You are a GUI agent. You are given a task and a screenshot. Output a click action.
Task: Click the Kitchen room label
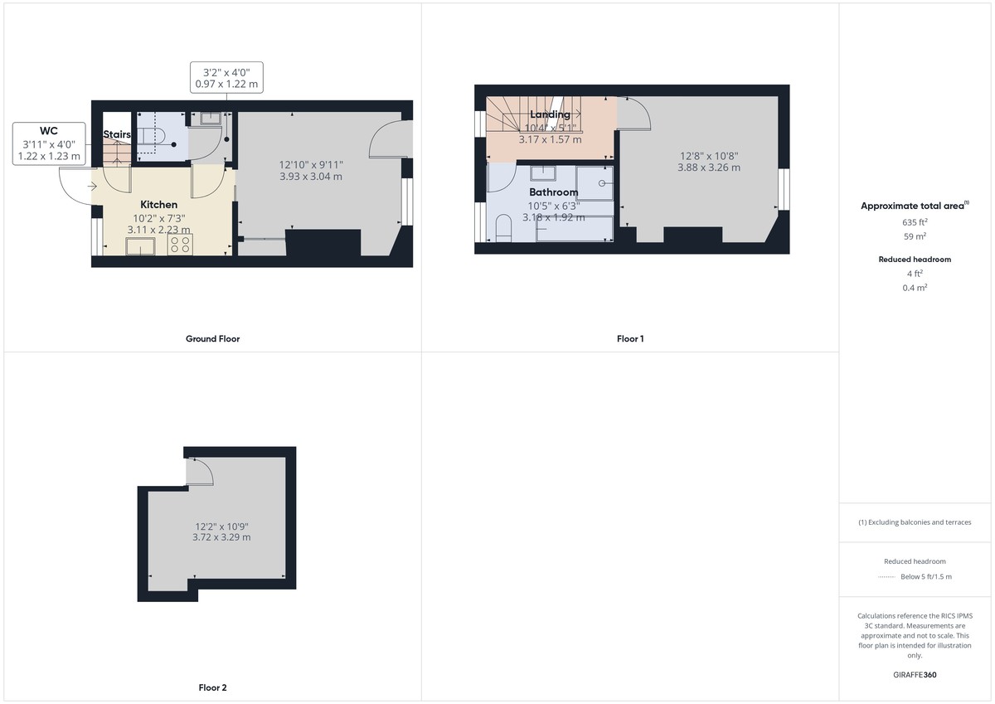[158, 205]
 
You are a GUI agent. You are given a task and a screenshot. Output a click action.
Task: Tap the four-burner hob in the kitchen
[180, 245]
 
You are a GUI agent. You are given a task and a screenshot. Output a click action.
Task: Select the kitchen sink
[140, 246]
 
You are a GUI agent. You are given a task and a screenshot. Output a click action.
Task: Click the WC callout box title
[48, 131]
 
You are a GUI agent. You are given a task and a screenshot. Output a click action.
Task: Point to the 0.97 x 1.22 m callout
[226, 84]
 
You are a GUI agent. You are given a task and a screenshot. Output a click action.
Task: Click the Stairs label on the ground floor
[117, 134]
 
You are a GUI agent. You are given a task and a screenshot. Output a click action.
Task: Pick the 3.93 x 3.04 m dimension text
[311, 177]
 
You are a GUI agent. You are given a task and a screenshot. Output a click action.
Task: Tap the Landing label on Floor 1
[550, 114]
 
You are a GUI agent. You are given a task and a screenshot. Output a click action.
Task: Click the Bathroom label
[554, 192]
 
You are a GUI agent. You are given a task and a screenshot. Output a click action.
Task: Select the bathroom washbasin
[543, 173]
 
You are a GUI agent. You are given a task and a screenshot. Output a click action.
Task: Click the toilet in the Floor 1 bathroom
[503, 228]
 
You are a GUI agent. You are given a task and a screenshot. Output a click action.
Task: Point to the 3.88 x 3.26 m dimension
[709, 168]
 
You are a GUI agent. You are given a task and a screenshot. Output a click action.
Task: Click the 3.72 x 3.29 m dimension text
[221, 537]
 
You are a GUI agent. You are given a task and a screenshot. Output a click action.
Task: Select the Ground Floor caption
[213, 339]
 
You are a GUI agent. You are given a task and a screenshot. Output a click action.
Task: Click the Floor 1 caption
[630, 339]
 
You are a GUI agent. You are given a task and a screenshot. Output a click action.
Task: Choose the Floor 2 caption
[213, 687]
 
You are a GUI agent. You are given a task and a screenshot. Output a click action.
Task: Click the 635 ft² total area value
[915, 222]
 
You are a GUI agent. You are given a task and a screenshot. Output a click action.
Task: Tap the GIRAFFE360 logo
[915, 675]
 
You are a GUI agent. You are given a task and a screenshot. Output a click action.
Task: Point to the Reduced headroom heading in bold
[915, 260]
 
